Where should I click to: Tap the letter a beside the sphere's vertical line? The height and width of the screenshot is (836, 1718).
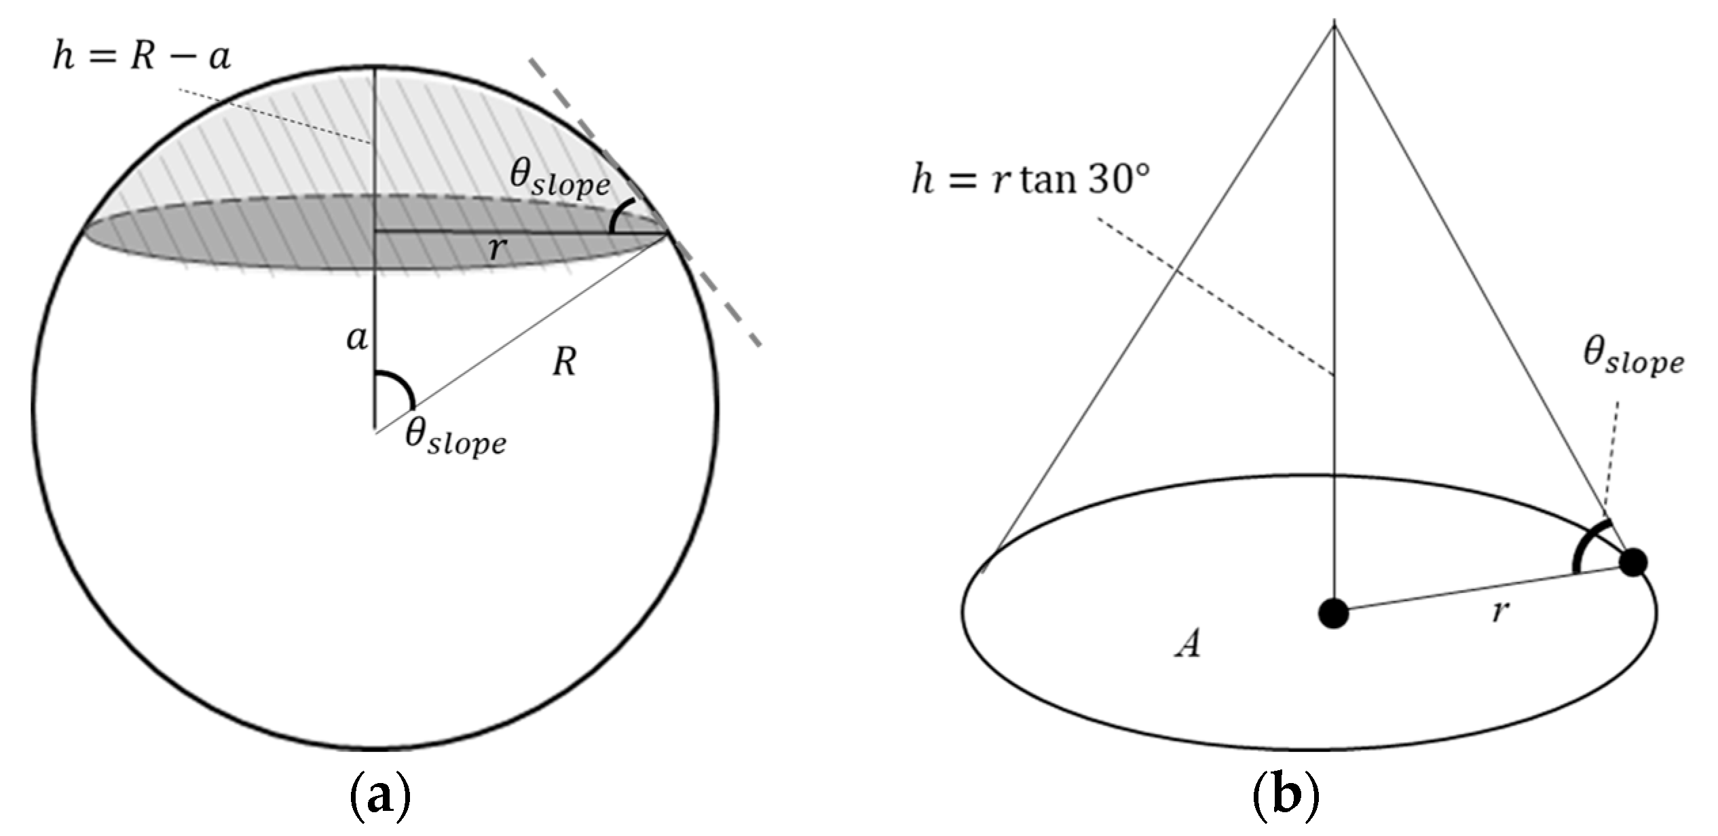pyautogui.click(x=358, y=338)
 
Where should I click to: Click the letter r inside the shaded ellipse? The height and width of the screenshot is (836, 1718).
pyautogui.click(x=498, y=249)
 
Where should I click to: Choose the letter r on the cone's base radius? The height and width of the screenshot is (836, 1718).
pyautogui.click(x=1499, y=611)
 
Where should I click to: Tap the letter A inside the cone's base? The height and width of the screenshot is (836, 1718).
pyautogui.click(x=1187, y=643)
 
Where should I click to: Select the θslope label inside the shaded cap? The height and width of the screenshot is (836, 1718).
pyautogui.click(x=560, y=179)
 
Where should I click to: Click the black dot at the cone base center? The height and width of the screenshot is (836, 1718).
pyautogui.click(x=1333, y=614)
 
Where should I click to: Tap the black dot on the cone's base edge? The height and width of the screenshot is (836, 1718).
pyautogui.click(x=1633, y=562)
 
